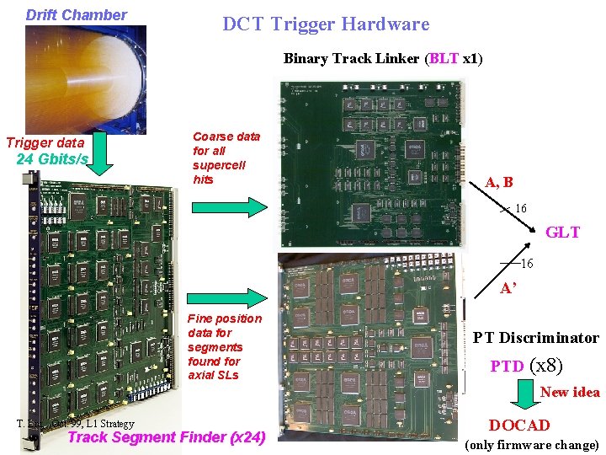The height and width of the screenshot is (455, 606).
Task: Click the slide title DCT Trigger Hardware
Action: tap(326, 24)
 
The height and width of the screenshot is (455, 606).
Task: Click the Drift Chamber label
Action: tap(77, 15)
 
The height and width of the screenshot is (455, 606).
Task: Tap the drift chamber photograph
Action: tap(85, 80)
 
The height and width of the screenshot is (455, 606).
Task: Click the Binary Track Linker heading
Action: tap(383, 59)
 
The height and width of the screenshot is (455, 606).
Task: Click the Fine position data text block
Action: tap(225, 346)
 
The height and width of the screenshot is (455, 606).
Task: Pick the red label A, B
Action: tap(499, 183)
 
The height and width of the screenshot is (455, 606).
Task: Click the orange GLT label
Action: tap(563, 233)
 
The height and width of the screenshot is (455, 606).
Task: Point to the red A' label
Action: tap(508, 286)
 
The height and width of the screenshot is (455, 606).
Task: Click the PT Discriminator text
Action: tap(535, 338)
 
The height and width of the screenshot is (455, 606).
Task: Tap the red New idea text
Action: tap(570, 392)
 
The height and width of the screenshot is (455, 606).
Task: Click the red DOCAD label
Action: tap(519, 426)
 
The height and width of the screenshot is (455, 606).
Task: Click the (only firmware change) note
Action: tap(531, 445)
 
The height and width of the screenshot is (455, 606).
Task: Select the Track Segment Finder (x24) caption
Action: tap(166, 436)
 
